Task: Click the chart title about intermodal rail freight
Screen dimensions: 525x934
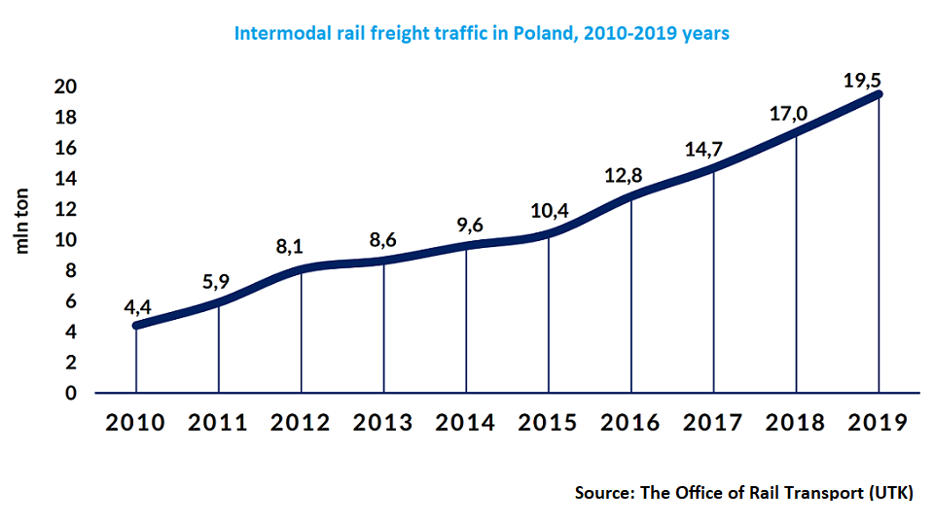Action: point(482,33)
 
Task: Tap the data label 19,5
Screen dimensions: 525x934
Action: point(862,81)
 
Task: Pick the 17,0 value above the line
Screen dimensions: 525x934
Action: point(789,114)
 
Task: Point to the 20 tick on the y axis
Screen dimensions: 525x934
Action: point(65,87)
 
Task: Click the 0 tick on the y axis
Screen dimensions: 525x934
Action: point(71,393)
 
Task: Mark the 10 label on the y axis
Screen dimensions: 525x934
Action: point(65,240)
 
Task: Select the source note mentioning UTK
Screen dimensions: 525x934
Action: point(743,492)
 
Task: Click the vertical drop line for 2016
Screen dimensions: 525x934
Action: point(631,292)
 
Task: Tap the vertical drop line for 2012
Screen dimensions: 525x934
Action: point(301,331)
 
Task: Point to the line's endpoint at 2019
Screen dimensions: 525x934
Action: point(879,94)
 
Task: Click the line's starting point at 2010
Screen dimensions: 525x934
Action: point(136,325)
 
